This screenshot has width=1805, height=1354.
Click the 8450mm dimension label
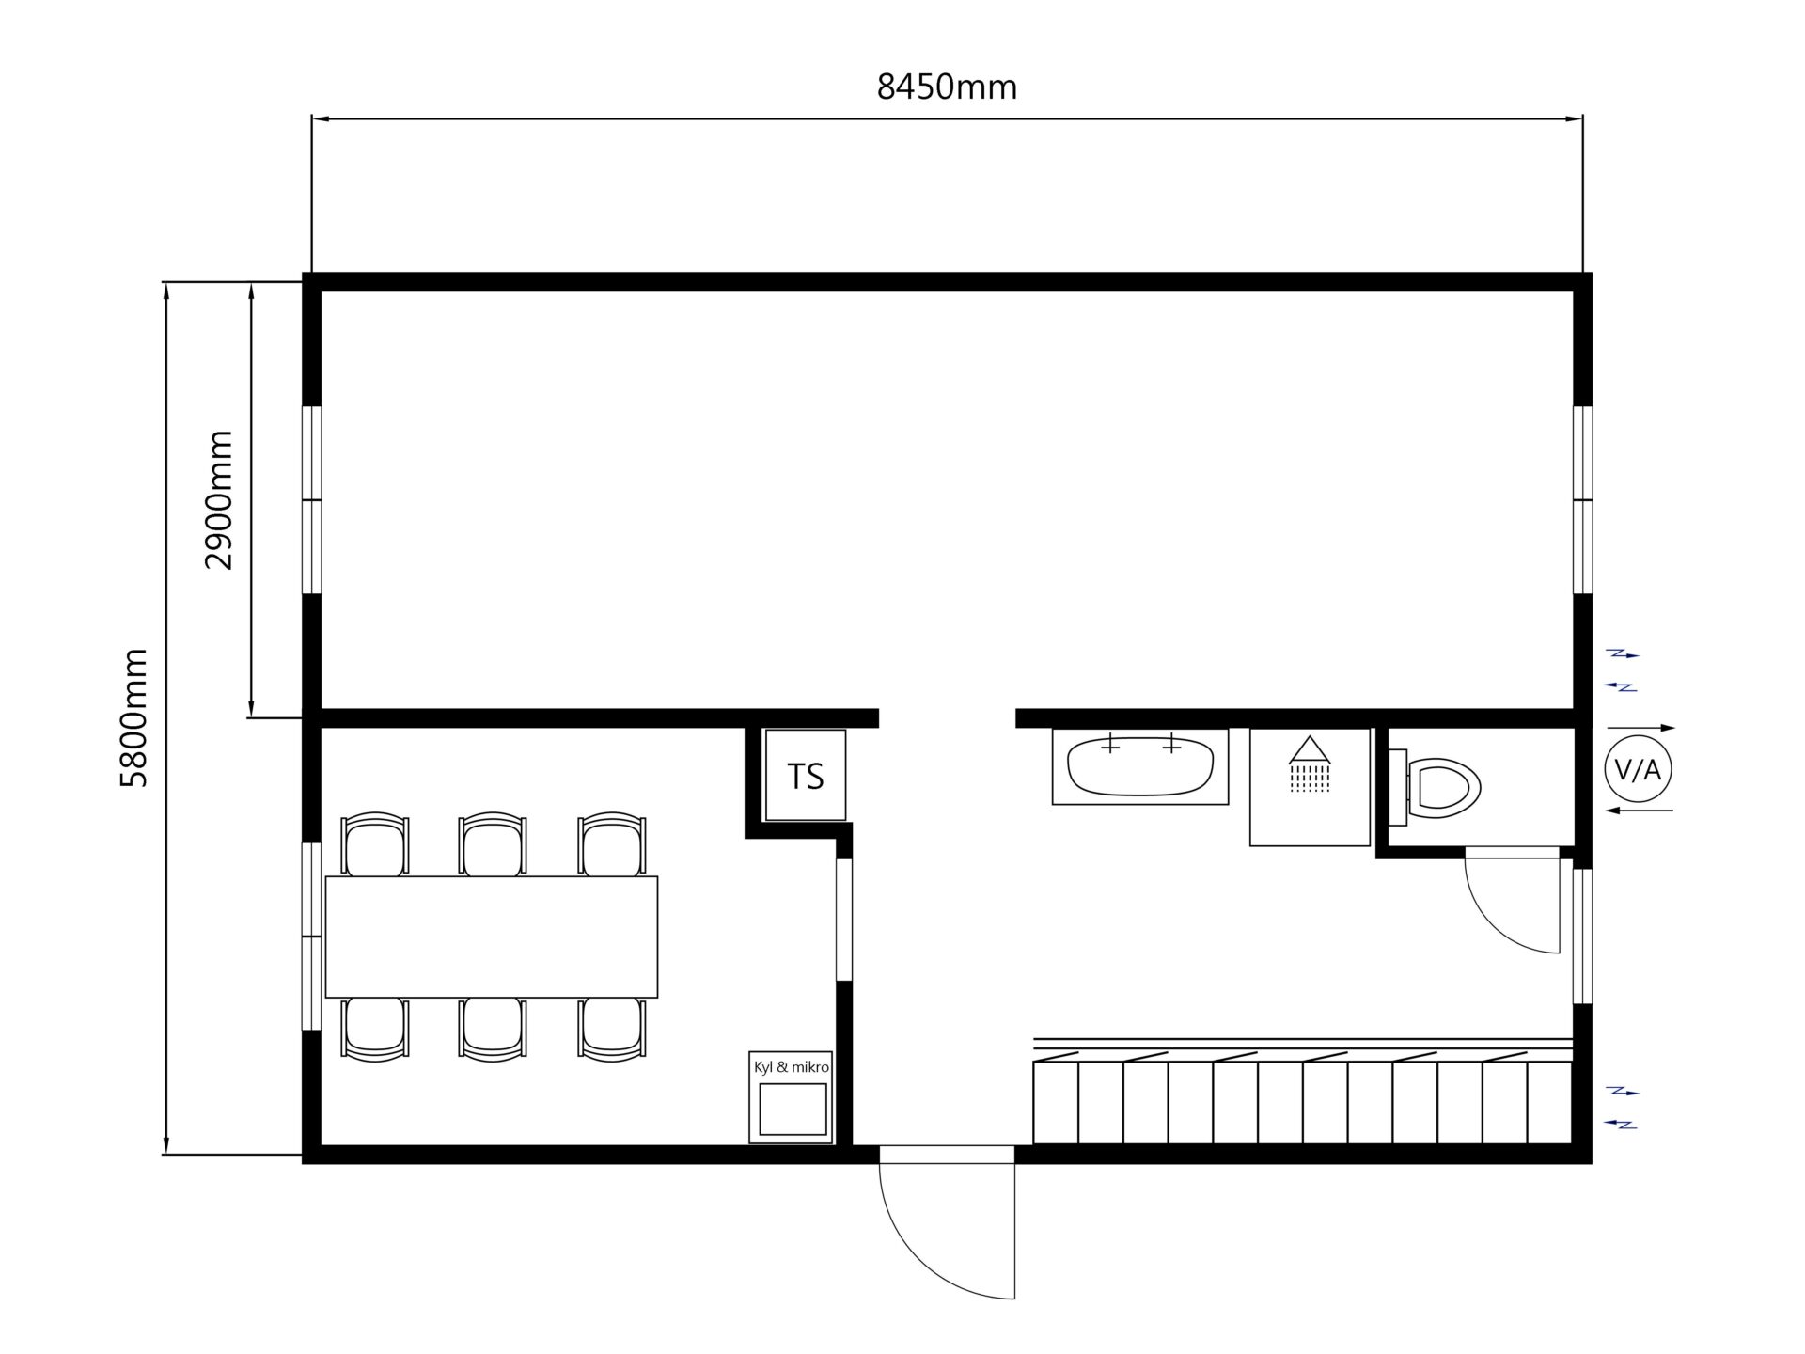(x=947, y=87)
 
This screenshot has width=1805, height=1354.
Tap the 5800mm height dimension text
(x=134, y=717)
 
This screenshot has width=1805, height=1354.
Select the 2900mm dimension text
(x=218, y=500)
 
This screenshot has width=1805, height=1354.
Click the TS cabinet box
(x=806, y=775)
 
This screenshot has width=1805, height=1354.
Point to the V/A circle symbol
(x=1638, y=769)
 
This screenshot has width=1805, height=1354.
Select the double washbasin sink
(x=1140, y=765)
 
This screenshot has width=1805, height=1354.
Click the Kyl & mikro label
(x=792, y=1067)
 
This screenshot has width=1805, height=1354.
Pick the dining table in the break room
(x=492, y=937)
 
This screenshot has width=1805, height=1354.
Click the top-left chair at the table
(x=375, y=843)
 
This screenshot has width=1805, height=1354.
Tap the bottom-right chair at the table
(x=612, y=1030)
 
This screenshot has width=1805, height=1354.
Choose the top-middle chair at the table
(x=492, y=843)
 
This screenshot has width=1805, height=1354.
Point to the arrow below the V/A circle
(x=1640, y=810)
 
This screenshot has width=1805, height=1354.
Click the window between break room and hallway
(x=843, y=920)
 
